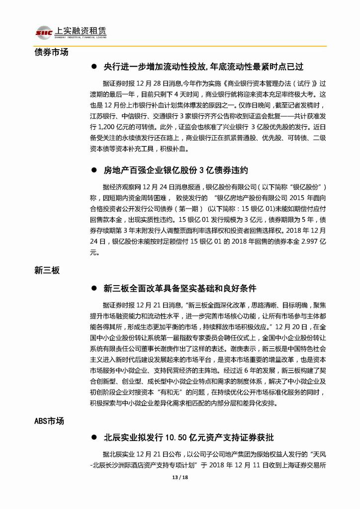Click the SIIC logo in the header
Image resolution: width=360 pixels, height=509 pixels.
point(43,32)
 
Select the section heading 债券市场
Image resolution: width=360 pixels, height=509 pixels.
point(51,52)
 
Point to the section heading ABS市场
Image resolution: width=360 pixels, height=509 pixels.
point(49,421)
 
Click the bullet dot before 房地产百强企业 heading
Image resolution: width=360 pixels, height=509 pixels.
point(93,170)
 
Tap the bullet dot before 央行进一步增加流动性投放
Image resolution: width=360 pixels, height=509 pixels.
point(93,66)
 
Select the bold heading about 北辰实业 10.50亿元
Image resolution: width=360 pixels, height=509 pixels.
point(188,438)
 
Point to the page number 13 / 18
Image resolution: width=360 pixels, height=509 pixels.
point(180,479)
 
